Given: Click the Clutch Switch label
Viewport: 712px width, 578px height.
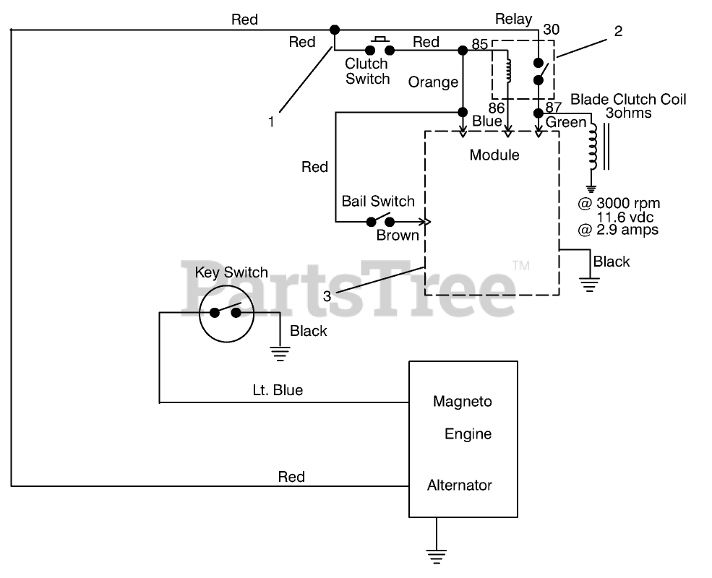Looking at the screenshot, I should tap(367, 72).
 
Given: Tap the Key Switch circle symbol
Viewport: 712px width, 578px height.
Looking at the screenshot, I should tap(226, 313).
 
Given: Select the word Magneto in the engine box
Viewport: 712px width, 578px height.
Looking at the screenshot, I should tap(462, 401).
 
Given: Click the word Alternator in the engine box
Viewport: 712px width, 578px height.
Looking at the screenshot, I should tap(460, 485).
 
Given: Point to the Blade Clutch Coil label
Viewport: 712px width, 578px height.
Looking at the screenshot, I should tap(628, 99).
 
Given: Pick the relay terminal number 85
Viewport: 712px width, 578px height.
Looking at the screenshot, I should tap(479, 45).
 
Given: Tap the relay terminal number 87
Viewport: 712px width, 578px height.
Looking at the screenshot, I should tap(554, 108).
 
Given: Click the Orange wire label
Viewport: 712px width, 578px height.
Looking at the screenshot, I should tap(433, 82).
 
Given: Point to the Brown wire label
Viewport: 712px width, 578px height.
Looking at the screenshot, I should tap(397, 235).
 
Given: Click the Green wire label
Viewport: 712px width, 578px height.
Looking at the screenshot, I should tap(566, 122).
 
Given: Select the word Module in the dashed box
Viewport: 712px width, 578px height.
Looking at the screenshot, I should tap(494, 155).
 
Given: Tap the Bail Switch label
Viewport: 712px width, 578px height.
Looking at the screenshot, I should tap(378, 202).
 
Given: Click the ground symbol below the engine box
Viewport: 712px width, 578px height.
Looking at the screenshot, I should tap(435, 553).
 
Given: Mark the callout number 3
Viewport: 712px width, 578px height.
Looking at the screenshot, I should tap(327, 296).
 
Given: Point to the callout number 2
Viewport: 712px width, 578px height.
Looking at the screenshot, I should tap(617, 31).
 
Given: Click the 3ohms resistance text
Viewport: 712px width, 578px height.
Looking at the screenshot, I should tap(628, 113).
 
